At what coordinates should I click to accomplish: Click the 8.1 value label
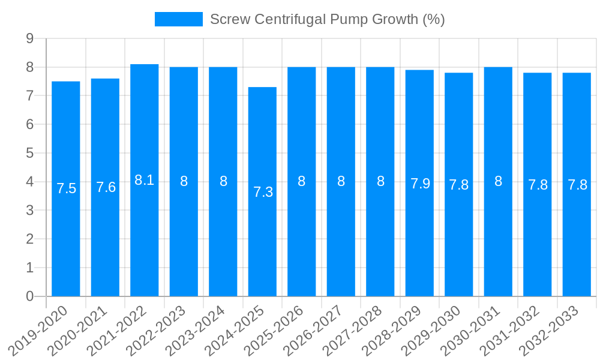tap(145, 180)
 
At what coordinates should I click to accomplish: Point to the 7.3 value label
tap(263, 192)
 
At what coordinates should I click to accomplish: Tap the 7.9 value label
tap(420, 184)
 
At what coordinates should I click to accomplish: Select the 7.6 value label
tap(106, 187)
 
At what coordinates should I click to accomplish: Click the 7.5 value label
tap(67, 188)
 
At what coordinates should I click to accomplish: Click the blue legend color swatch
tap(178, 19)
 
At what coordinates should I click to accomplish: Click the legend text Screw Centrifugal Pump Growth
tap(327, 19)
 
